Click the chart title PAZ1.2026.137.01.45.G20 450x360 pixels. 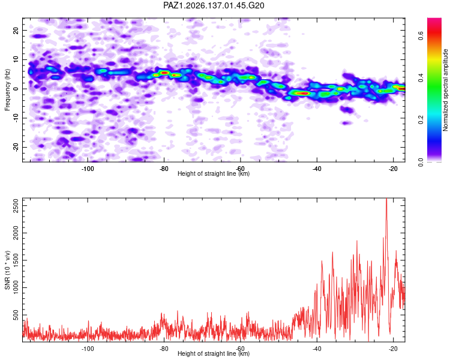[214, 5]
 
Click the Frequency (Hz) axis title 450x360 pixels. [7, 90]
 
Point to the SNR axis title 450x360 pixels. [7, 270]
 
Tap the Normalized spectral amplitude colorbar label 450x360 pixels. [445, 90]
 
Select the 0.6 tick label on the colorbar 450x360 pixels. [421, 36]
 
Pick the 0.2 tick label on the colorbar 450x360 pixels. [421, 120]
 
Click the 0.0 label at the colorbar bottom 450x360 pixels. [421, 162]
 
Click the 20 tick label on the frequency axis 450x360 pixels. [16, 30]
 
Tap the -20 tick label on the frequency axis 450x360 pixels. [16, 147]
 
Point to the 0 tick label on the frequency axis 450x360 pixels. [16, 89]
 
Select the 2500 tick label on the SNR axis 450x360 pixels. [16, 206]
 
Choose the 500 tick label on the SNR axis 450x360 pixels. [16, 315]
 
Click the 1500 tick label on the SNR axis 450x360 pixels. [16, 260]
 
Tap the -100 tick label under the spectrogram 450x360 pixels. [88, 169]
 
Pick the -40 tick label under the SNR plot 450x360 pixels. [317, 349]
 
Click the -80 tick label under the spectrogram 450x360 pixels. [164, 169]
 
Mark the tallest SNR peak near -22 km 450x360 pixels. [386, 199]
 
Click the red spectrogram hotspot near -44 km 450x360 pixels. [302, 93]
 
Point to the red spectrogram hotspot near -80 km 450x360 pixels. [164, 73]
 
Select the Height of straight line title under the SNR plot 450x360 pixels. [214, 353]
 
